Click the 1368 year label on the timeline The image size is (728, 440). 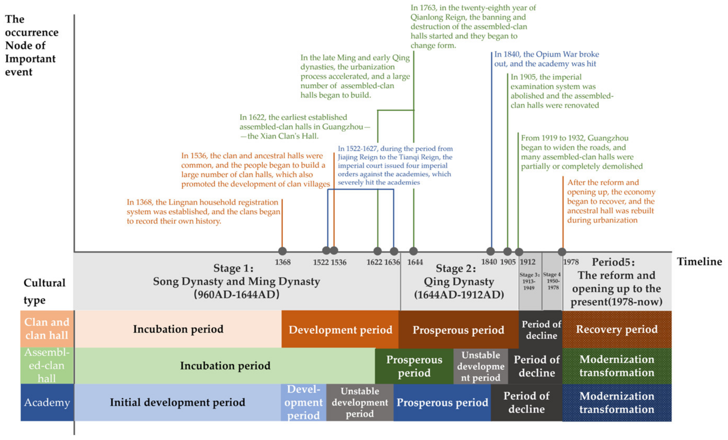[283, 262]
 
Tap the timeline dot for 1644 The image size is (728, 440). [413, 251]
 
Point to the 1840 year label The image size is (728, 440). [489, 262]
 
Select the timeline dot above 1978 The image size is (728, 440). [562, 252]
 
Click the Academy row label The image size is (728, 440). [47, 402]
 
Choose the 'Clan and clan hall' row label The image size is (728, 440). [47, 328]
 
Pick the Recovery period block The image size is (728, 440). [617, 329]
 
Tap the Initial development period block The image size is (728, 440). [177, 402]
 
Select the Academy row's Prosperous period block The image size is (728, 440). [442, 402]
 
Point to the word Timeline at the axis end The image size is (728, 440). [699, 262]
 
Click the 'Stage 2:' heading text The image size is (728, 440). [456, 268]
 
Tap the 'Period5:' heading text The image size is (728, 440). [613, 262]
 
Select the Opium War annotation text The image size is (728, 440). [546, 59]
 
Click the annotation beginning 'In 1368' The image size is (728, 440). [203, 211]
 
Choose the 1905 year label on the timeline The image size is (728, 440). [508, 262]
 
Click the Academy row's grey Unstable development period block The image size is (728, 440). [360, 402]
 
